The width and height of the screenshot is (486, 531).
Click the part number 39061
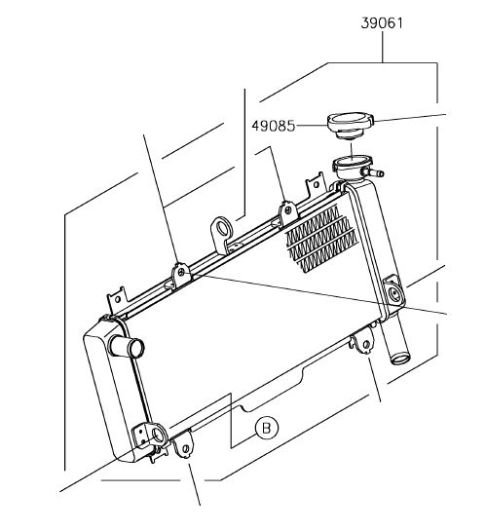click(x=382, y=23)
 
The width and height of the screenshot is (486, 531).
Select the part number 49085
click(x=274, y=126)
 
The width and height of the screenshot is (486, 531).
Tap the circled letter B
click(x=267, y=428)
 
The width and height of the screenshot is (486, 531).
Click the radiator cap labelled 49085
click(x=351, y=126)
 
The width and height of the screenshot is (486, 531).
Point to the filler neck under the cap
click(x=352, y=167)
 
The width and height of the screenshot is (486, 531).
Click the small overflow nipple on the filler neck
click(x=375, y=172)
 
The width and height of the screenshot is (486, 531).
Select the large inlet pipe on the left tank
click(x=126, y=346)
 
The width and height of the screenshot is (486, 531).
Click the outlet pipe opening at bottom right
click(x=400, y=358)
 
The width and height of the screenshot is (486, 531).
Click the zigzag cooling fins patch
click(x=321, y=239)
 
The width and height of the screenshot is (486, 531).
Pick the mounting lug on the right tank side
click(x=393, y=291)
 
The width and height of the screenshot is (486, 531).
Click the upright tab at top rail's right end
click(x=316, y=185)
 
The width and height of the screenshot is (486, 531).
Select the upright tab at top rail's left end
click(x=117, y=300)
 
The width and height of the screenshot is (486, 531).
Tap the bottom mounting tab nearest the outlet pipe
click(x=364, y=343)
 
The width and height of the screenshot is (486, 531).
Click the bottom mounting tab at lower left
click(x=184, y=446)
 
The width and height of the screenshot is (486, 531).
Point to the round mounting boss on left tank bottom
click(x=157, y=435)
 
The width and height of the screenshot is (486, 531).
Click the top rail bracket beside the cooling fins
click(x=288, y=213)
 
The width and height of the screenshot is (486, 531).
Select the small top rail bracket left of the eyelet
click(x=181, y=275)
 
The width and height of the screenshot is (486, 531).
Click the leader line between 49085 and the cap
click(x=312, y=126)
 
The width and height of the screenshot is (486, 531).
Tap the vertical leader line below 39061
click(x=383, y=47)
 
